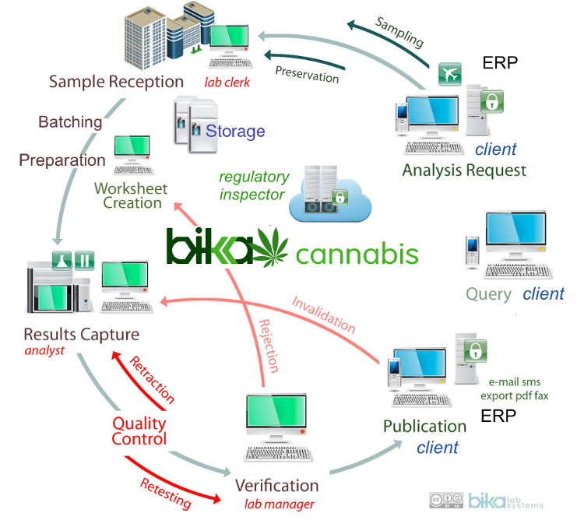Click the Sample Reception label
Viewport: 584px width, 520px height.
click(116, 82)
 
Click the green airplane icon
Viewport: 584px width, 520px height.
click(449, 75)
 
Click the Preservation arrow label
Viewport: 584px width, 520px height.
click(307, 72)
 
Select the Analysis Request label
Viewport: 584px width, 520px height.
click(464, 170)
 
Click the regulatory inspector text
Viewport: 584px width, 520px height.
click(254, 185)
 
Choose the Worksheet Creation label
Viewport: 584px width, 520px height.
click(128, 195)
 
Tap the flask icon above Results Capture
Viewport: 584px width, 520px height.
click(62, 259)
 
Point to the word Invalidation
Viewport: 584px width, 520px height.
click(323, 314)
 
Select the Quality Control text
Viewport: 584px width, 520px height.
click(139, 430)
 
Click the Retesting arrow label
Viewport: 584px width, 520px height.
click(166, 491)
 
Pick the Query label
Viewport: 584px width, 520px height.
click(488, 294)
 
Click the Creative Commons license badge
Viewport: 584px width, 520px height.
click(445, 501)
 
